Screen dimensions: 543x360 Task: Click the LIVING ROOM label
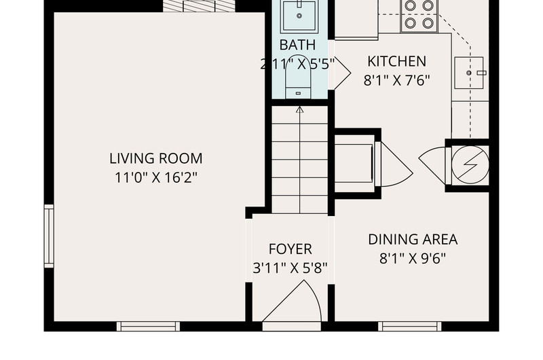point(156,158)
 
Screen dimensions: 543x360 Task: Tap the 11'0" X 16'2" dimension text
point(156,178)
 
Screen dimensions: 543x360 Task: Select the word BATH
point(297,45)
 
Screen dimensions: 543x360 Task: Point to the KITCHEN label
point(396,61)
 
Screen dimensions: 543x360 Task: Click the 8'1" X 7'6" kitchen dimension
point(396,80)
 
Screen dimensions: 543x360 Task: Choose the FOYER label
point(291,249)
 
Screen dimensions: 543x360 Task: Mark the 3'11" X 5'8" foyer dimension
point(291,268)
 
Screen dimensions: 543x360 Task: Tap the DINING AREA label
point(413,239)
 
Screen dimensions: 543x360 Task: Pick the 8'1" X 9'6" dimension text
point(413,259)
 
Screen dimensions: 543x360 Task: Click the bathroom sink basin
point(299,16)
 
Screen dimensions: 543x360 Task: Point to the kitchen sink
point(469,73)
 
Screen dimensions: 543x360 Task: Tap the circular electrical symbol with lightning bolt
point(470,164)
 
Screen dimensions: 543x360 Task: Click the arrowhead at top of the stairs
point(300,110)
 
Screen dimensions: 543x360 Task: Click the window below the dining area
point(410,327)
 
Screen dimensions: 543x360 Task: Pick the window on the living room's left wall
point(49,236)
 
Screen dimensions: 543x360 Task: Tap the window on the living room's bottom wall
point(148,327)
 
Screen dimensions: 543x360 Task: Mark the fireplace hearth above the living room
point(199,6)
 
